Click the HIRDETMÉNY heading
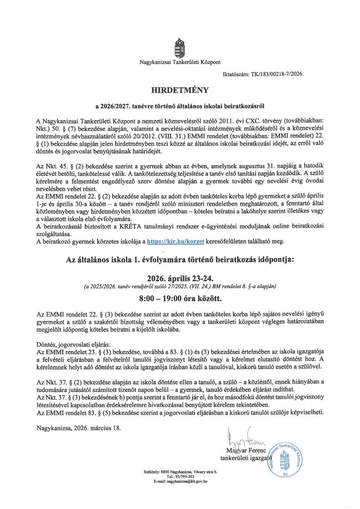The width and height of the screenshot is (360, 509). coord(180,90)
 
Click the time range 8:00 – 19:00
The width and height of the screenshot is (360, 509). coord(180,297)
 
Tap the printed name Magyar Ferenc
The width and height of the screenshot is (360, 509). coord(247,451)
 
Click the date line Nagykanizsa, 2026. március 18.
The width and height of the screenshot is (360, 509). coord(79,428)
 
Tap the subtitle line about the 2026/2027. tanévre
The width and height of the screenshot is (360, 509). coord(180,107)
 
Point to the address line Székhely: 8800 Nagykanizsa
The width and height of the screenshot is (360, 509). coord(180,471)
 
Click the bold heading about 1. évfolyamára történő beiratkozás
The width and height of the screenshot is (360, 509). coord(180,260)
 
